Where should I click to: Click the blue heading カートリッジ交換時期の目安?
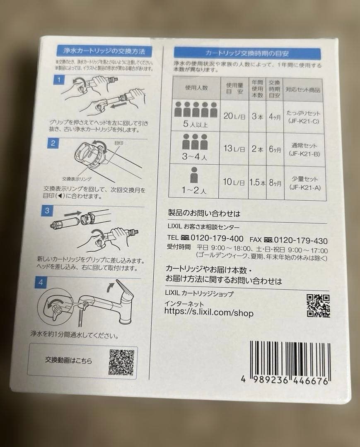[x=247, y=53]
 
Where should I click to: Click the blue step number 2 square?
[x=53, y=143]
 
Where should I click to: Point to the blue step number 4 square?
[x=41, y=283]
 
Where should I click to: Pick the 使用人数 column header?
[x=196, y=88]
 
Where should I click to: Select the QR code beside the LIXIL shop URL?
[x=318, y=306]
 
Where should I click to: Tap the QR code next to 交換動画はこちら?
[x=122, y=362]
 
